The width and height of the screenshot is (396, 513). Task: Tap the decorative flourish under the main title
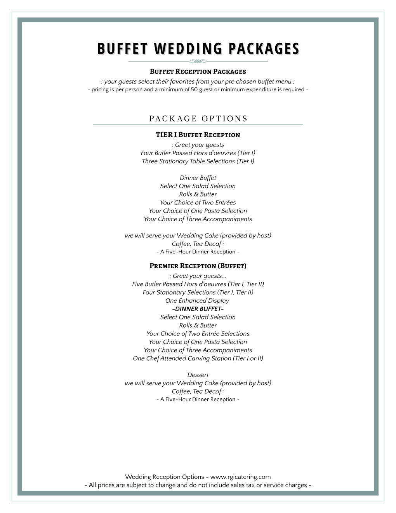(x=198, y=61)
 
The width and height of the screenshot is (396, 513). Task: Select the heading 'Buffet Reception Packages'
(x=198, y=72)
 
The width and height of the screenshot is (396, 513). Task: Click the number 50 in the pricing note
(x=194, y=89)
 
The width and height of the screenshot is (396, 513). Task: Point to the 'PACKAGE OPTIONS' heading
(x=198, y=119)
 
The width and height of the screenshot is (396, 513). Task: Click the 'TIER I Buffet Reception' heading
(x=198, y=135)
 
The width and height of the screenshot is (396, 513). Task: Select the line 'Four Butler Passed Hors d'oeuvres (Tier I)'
(x=198, y=153)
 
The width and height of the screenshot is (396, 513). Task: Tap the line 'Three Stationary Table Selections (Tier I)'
(x=198, y=161)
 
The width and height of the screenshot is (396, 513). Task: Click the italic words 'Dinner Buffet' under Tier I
(x=198, y=178)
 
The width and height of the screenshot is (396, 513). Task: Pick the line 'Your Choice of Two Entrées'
(x=198, y=202)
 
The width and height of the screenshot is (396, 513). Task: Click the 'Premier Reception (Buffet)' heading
(x=198, y=266)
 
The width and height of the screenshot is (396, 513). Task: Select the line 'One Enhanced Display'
(x=197, y=300)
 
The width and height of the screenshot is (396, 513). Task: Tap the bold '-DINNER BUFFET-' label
(x=198, y=309)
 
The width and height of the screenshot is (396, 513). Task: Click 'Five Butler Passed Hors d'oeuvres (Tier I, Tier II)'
(x=198, y=284)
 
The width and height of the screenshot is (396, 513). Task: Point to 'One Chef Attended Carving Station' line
(x=198, y=358)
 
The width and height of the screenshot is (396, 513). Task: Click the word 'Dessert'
(x=198, y=375)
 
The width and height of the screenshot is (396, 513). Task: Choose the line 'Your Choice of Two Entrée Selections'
(x=198, y=334)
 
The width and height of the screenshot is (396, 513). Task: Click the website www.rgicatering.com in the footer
(x=240, y=477)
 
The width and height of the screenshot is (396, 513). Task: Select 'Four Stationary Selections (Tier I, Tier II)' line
(x=198, y=292)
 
